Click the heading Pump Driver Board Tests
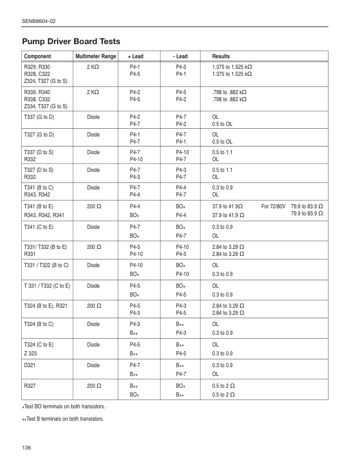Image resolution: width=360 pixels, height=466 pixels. click(71, 42)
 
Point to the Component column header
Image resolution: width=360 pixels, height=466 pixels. click(37, 56)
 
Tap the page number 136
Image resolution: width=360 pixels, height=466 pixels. click(26, 448)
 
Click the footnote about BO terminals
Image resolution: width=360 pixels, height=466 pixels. click(63, 407)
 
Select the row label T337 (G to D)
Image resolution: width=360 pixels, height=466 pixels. click(42, 117)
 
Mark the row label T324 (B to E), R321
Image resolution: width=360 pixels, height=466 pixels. click(49, 304)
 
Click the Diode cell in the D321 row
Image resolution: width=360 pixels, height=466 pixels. click(93, 365)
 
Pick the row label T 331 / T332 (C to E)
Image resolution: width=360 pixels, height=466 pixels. click(46, 285)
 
